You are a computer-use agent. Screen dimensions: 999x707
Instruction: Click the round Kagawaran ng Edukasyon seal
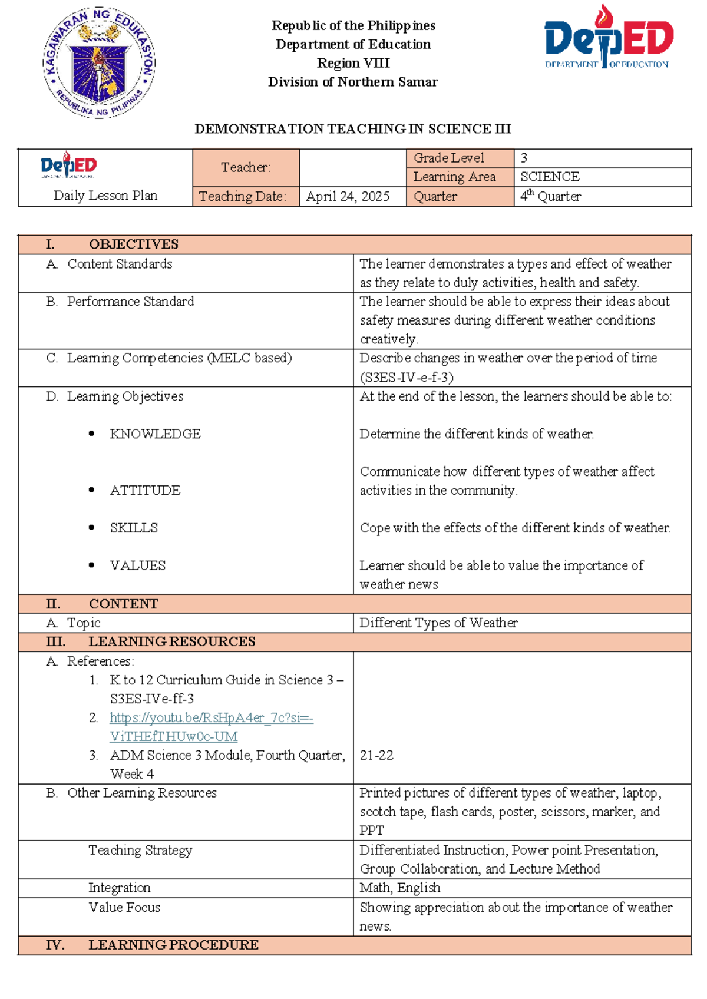pyautogui.click(x=99, y=63)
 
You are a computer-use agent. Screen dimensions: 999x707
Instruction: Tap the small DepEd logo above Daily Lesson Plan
pyautogui.click(x=69, y=165)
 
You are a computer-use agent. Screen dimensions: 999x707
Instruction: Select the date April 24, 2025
pyautogui.click(x=348, y=197)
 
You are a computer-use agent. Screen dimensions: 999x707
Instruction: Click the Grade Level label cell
pyautogui.click(x=449, y=158)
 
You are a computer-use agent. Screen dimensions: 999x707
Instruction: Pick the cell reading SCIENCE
pyautogui.click(x=549, y=177)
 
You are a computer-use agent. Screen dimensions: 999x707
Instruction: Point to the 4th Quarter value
pyautogui.click(x=550, y=196)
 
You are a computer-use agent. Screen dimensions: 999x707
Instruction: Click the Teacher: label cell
pyautogui.click(x=246, y=167)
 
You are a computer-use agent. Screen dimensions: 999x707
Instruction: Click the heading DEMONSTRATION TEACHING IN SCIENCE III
pyautogui.click(x=352, y=128)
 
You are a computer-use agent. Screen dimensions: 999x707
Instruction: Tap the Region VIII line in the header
pyautogui.click(x=353, y=63)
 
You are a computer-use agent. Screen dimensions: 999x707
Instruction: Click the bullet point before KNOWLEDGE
pyautogui.click(x=91, y=434)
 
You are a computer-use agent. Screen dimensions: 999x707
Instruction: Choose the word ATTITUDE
pyautogui.click(x=145, y=490)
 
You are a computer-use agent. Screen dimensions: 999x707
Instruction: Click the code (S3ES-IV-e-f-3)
pyautogui.click(x=407, y=377)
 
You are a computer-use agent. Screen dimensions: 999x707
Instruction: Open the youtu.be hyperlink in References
pyautogui.click(x=211, y=718)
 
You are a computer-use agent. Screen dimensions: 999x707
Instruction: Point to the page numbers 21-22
pyautogui.click(x=376, y=755)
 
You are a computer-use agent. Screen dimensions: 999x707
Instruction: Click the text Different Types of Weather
pyautogui.click(x=438, y=623)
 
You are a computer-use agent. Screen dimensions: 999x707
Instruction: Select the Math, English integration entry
pyautogui.click(x=400, y=888)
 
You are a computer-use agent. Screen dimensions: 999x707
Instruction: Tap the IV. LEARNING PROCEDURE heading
pyautogui.click(x=173, y=945)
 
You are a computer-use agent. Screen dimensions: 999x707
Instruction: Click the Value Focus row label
pyautogui.click(x=124, y=907)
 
